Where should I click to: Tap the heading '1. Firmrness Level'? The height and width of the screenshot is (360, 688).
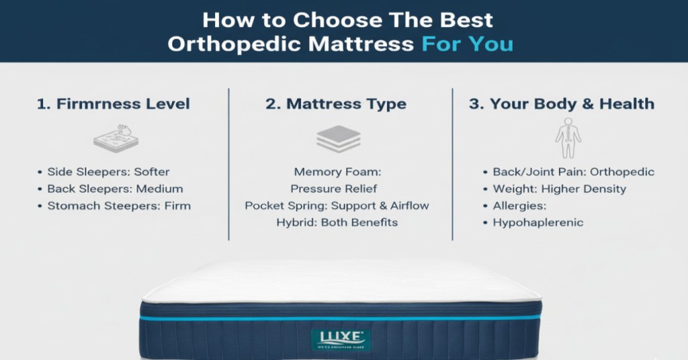click(113, 104)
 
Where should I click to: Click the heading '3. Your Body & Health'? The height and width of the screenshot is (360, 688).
click(561, 104)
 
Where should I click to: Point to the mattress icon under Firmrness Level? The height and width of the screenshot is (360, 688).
click(113, 138)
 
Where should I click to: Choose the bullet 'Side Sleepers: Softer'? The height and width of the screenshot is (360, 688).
click(108, 171)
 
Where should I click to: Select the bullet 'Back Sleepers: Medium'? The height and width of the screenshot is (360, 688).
click(115, 189)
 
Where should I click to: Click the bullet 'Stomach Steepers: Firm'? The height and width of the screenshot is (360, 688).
click(119, 206)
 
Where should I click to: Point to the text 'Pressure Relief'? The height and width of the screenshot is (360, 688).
click(333, 189)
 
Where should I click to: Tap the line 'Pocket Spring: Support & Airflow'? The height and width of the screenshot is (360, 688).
click(337, 206)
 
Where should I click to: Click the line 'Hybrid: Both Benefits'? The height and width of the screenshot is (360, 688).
click(337, 222)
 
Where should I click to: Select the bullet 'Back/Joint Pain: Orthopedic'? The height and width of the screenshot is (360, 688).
click(573, 171)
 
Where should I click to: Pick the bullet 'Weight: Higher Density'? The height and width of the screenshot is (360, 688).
click(559, 189)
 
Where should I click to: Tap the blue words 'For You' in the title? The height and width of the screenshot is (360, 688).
click(467, 44)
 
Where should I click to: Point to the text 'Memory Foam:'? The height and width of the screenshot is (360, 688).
click(337, 172)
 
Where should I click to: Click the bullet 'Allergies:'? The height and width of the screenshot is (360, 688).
click(519, 206)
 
